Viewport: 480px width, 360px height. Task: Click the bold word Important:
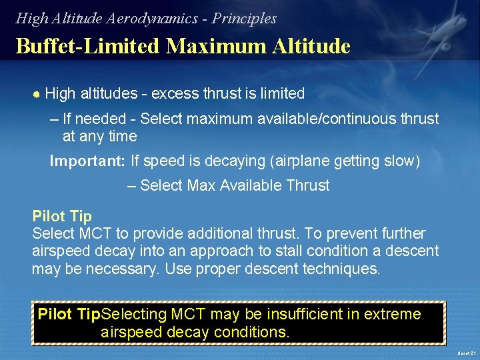tap(88, 161)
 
